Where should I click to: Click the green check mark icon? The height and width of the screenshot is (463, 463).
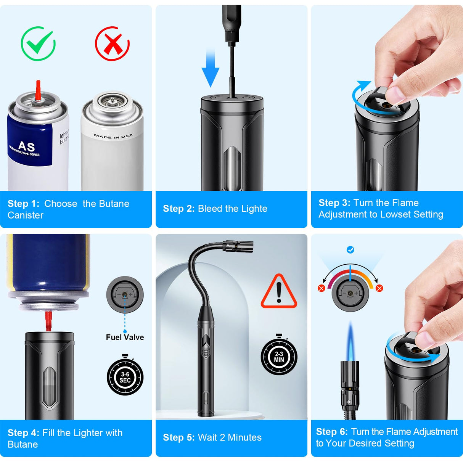tap(38, 43)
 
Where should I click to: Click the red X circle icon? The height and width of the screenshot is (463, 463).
tap(112, 43)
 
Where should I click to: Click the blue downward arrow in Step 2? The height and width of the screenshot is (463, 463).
tap(210, 69)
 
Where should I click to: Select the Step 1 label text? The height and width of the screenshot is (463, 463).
tap(23, 204)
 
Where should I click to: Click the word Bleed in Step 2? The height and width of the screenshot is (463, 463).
tap(210, 209)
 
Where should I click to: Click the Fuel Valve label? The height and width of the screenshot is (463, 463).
tap(125, 337)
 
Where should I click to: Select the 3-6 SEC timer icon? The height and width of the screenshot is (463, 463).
tap(125, 377)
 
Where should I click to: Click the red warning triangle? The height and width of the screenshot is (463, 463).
tap(279, 292)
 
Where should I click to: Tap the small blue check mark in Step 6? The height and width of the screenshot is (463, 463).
tap(350, 250)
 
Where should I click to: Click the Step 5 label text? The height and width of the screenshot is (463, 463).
tap(179, 437)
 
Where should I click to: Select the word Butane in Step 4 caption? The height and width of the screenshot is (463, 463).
tap(23, 445)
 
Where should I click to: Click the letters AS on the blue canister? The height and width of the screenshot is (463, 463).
tap(26, 146)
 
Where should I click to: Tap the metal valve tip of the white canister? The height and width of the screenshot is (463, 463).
tap(112, 100)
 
